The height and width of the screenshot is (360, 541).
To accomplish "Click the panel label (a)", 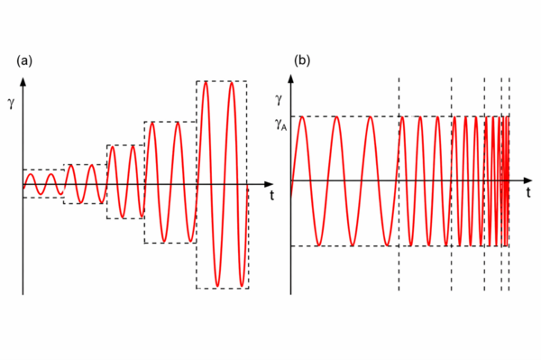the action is [24, 60].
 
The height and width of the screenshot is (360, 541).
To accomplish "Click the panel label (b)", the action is [302, 60].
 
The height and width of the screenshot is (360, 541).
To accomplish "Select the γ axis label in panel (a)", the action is [12, 103].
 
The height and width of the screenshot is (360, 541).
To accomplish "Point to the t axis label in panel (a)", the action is [272, 196].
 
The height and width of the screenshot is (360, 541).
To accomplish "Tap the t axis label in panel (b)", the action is [528, 192].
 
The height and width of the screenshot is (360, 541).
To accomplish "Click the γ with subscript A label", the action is [280, 125].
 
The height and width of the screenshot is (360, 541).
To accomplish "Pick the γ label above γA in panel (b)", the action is [279, 100].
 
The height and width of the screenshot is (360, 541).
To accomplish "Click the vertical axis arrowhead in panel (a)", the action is [23, 81].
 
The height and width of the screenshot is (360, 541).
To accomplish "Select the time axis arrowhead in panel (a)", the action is [269, 184].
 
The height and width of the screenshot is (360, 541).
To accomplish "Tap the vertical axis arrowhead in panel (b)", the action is [291, 78].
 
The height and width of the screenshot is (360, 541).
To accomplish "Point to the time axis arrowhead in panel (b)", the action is [527, 180].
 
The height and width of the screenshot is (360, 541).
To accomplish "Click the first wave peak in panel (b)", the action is [302, 116].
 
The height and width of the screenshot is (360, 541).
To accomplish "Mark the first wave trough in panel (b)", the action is [319, 245].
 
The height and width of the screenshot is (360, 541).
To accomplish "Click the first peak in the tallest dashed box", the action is [206, 82].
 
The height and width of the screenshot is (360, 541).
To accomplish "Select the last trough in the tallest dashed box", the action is [243, 287].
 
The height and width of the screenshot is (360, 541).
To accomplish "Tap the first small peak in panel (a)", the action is [31, 174].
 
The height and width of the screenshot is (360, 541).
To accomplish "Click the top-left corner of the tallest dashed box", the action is [197, 81].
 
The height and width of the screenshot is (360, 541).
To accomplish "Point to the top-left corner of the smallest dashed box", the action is [23, 170].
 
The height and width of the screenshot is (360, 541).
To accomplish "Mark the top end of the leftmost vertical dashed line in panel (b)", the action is [399, 78].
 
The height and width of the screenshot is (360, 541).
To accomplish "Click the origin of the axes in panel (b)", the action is [291, 180].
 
